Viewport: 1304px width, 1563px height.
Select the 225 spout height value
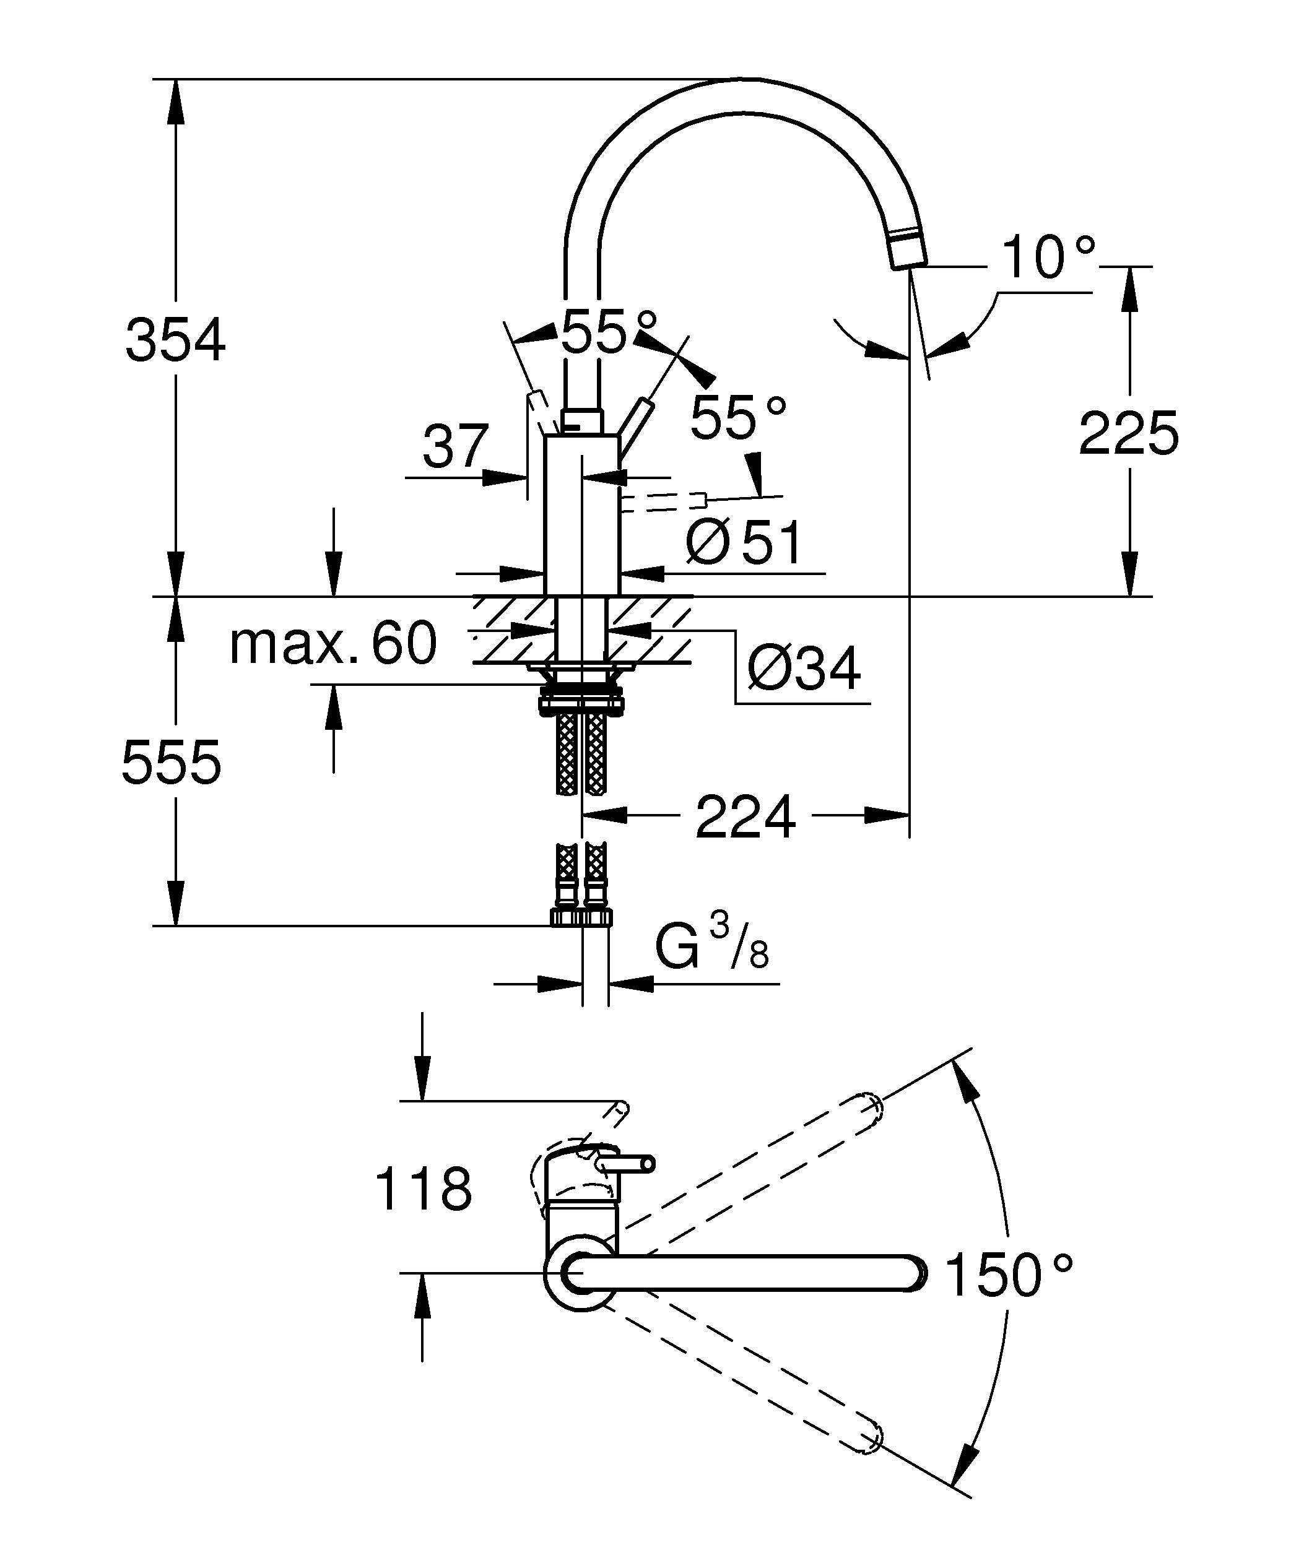pos(1128,434)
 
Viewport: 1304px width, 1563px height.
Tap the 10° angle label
pos(1048,258)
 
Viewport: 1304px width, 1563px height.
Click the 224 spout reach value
pos(745,817)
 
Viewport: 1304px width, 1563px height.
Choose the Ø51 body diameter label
pos(744,543)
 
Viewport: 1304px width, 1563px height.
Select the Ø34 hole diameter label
pos(803,668)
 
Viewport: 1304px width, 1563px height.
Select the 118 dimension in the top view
pos(423,1189)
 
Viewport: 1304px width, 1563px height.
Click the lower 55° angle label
pos(737,418)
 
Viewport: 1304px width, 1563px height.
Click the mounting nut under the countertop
pos(582,703)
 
